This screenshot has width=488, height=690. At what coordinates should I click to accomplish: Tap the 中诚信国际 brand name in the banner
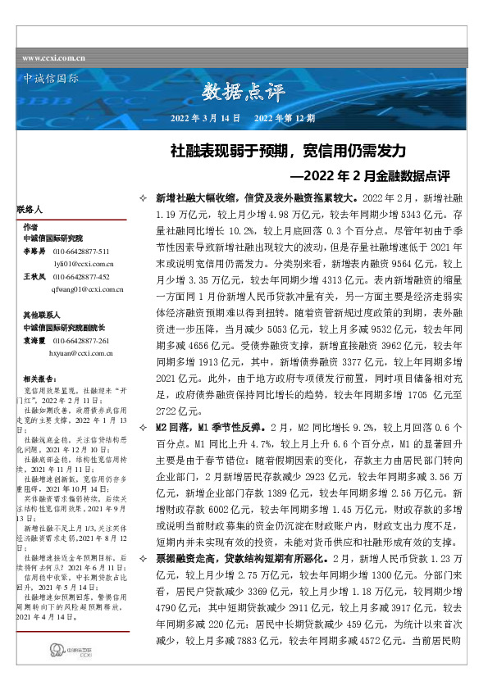[48, 79]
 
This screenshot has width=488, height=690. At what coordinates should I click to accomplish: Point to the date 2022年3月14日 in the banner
[204, 118]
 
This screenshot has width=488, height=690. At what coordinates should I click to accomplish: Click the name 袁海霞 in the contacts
[34, 339]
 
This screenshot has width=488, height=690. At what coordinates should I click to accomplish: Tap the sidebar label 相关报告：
[40, 379]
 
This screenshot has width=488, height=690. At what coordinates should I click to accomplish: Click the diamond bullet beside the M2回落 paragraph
[144, 427]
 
